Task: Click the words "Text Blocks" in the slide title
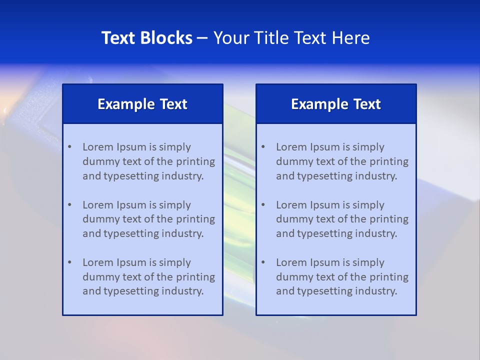point(146,38)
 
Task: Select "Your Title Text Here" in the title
point(291,38)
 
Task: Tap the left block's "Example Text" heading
point(142,104)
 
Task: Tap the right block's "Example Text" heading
point(336,104)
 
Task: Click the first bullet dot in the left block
point(69,147)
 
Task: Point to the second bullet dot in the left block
point(69,205)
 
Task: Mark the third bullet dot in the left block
point(69,262)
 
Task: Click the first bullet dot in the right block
point(263,147)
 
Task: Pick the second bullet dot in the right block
point(263,205)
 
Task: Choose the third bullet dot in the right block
point(263,262)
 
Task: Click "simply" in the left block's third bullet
point(175,262)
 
